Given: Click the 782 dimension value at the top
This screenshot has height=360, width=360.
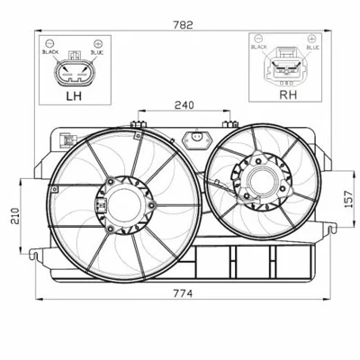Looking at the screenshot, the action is click(183, 25).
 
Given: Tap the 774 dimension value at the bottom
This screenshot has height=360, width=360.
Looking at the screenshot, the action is click(183, 293).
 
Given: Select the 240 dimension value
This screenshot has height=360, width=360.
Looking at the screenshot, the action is click(184, 105).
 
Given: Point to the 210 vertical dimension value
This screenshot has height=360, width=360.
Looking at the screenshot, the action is click(15, 216).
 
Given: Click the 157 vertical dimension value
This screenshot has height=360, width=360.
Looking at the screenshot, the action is click(348, 199).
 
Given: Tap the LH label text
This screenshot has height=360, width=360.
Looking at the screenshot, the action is click(74, 96).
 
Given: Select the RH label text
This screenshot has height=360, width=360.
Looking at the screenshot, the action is click(288, 94).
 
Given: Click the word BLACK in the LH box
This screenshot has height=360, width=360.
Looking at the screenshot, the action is click(50, 52).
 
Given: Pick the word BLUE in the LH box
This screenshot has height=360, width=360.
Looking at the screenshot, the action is click(97, 52).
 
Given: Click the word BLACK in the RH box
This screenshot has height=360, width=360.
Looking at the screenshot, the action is click(259, 47).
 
